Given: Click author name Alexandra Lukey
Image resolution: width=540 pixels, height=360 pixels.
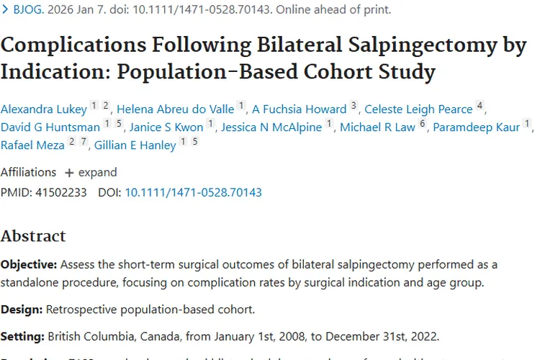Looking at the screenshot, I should pyautogui.click(x=43, y=109).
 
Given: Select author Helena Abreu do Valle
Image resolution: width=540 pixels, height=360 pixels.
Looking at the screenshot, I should pyautogui.click(x=175, y=109).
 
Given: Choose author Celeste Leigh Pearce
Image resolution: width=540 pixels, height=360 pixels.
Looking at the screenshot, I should pyautogui.click(x=418, y=109).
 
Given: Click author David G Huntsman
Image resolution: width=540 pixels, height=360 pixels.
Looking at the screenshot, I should pyautogui.click(x=50, y=127).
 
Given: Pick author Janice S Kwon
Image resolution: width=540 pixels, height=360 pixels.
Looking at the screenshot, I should pyautogui.click(x=166, y=127).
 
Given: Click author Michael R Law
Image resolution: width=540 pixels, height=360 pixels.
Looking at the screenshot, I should pyautogui.click(x=377, y=127).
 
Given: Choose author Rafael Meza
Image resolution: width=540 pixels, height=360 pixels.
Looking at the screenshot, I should pyautogui.click(x=33, y=145).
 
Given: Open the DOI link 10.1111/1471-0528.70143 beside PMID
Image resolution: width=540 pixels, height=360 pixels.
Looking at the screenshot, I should pyautogui.click(x=193, y=192).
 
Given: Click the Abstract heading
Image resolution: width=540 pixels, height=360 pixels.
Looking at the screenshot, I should pyautogui.click(x=33, y=236).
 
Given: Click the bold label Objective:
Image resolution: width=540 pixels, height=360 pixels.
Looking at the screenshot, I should pyautogui.click(x=28, y=265).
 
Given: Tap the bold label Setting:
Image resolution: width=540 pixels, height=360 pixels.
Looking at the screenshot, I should pyautogui.click(x=22, y=336).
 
